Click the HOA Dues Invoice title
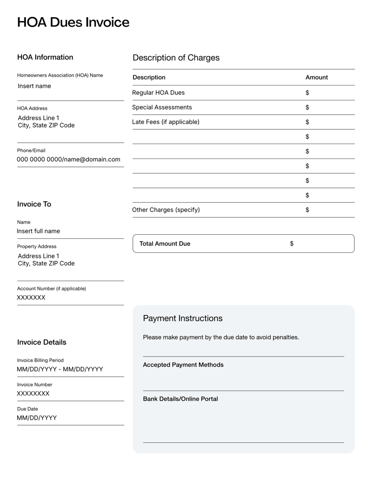[73, 22]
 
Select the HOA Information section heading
[45, 57]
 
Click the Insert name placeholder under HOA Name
[34, 86]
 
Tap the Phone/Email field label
[32, 150]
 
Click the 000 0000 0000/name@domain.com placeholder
[68, 159]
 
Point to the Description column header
[149, 77]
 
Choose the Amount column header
[316, 77]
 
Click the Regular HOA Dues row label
[158, 92]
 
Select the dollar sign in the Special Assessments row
[307, 107]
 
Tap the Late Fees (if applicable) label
[166, 122]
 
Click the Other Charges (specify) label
[166, 210]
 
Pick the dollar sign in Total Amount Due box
[292, 244]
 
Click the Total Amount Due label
[165, 244]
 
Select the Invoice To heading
[34, 204]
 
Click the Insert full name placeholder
[38, 231]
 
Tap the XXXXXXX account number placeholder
[31, 297]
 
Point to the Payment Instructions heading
[183, 318]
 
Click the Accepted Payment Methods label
[183, 365]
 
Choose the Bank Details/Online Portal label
[180, 399]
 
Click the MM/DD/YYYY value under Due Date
[37, 418]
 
